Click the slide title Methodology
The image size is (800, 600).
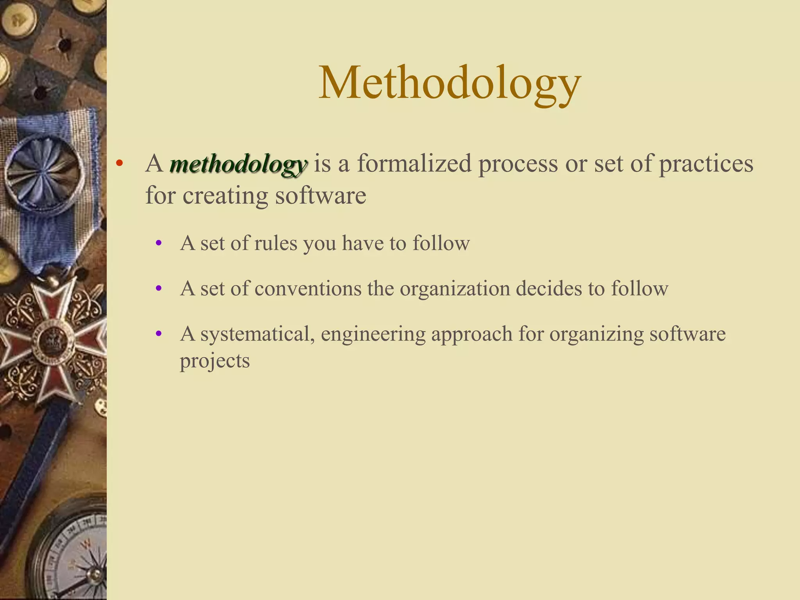(x=450, y=84)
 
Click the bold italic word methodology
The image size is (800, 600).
(x=238, y=164)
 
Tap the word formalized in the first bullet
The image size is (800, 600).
(x=414, y=163)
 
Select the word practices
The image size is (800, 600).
(x=706, y=164)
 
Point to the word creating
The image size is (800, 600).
(x=225, y=195)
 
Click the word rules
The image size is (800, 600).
(x=275, y=243)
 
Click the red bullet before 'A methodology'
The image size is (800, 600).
(x=120, y=163)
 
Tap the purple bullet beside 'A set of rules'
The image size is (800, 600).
(x=159, y=243)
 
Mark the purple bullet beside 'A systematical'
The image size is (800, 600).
(x=159, y=334)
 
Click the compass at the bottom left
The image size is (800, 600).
(x=74, y=559)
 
